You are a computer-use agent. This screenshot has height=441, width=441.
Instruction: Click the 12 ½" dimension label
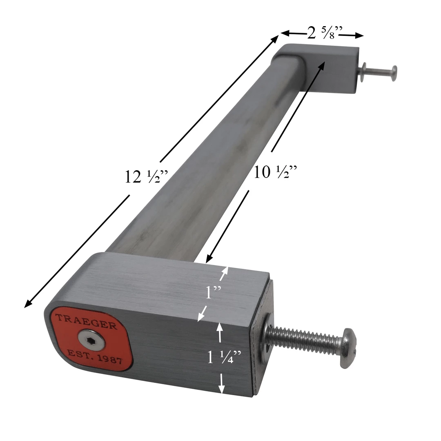[x=146, y=177]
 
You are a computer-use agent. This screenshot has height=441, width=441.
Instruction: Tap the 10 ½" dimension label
[x=275, y=172]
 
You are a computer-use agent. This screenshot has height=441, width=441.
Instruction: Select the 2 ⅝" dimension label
[x=325, y=33]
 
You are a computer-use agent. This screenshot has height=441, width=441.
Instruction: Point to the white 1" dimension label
[x=213, y=292]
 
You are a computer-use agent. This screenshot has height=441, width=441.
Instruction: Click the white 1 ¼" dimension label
[x=224, y=357]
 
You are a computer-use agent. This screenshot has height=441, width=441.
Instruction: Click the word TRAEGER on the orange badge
[x=86, y=321]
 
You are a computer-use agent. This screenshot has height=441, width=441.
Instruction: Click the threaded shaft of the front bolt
[x=305, y=339]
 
